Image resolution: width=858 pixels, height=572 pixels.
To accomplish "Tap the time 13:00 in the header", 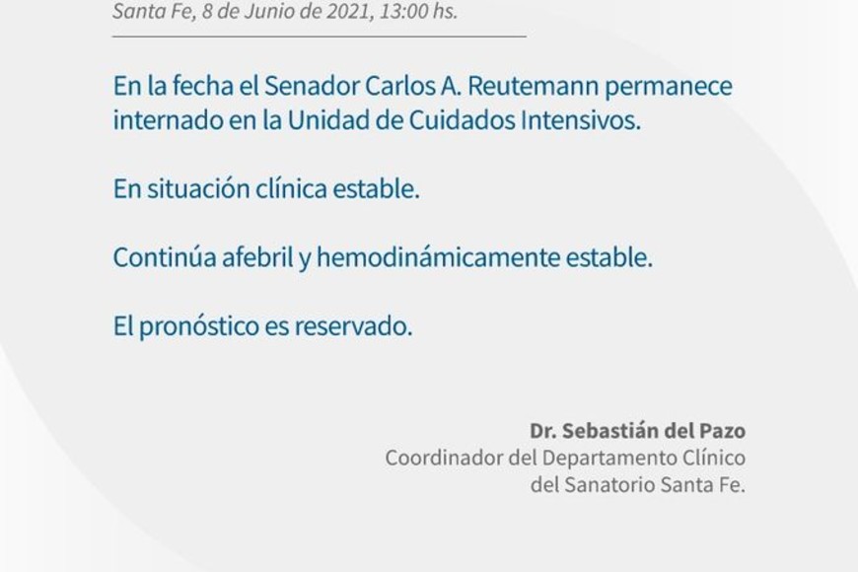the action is tap(403, 11).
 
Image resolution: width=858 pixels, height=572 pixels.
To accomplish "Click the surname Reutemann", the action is tap(533, 86).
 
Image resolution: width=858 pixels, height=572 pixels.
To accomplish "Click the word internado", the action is tap(168, 120).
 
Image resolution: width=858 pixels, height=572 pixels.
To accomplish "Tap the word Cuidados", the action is tap(463, 120).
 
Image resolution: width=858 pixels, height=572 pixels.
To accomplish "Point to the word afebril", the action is tap(257, 257).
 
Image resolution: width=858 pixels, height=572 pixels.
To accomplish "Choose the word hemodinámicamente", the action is tap(438, 257).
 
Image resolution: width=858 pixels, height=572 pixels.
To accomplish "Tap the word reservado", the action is tap(353, 326).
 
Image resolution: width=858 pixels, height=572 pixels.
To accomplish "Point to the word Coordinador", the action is tap(444, 458).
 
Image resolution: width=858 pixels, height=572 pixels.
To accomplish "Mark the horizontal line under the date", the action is tap(320, 36).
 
